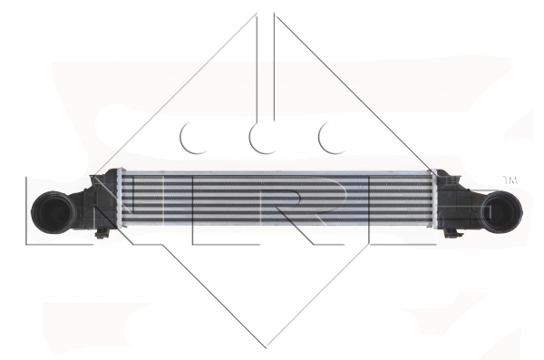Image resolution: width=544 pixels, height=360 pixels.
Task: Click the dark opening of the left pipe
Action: pyautogui.click(x=55, y=211)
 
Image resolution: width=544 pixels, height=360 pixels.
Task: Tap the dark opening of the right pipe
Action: pyautogui.click(x=500, y=210)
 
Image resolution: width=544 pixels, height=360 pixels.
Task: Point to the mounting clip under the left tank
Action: pyautogui.click(x=102, y=233)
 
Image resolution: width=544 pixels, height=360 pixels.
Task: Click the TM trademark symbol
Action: pyautogui.click(x=510, y=180)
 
